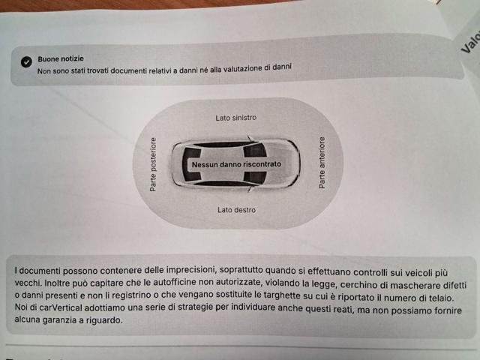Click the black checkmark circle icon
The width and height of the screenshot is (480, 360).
pos(26,62)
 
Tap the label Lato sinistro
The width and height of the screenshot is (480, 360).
pos(236,118)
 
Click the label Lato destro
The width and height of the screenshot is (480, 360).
pos(236,210)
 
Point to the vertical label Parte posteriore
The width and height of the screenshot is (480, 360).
pos(154,163)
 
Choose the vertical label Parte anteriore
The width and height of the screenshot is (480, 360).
pos(322,162)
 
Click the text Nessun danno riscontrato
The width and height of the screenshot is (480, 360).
pos(236,163)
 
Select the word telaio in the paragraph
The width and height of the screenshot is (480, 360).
pos(437,298)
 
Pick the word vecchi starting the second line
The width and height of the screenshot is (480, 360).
pos(29,284)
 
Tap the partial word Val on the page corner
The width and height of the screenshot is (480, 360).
pos(469,41)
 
